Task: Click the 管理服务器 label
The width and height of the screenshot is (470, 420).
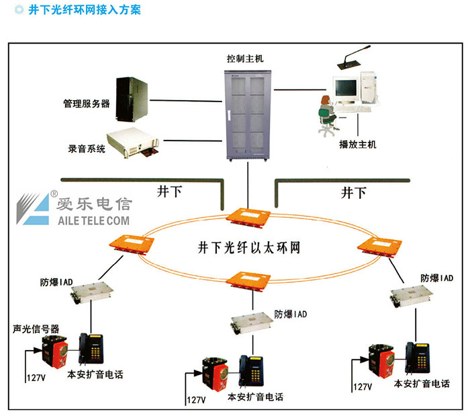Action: [x=87, y=104]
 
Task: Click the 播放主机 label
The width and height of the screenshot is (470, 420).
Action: [x=359, y=144]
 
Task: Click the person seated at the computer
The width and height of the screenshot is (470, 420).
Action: [x=326, y=114]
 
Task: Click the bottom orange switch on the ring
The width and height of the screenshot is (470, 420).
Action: [x=247, y=278]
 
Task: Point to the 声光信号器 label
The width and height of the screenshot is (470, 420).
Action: [x=36, y=329]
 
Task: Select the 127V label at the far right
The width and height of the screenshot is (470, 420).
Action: [x=362, y=387]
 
